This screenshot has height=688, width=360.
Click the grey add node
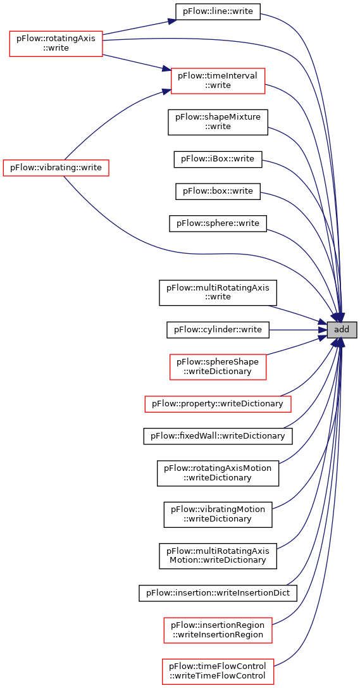[342, 330]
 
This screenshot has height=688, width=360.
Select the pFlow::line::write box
[218, 11]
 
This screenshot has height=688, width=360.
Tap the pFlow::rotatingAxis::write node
[56, 44]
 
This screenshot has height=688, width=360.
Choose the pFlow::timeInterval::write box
[218, 81]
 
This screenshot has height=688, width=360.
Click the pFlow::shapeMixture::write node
[218, 122]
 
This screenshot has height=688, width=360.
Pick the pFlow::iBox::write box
[218, 158]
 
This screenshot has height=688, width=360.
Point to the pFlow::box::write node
[218, 191]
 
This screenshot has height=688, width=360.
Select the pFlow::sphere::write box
[218, 224]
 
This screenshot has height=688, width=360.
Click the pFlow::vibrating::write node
[56, 168]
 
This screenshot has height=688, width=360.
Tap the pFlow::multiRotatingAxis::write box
[218, 292]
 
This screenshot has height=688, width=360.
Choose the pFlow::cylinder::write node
[218, 330]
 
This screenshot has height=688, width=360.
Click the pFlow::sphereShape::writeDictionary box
[218, 367]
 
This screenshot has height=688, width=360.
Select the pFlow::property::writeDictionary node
[218, 403]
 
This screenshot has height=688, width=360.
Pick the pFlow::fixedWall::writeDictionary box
[218, 436]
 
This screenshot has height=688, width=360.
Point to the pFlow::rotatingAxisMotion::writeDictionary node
[218, 473]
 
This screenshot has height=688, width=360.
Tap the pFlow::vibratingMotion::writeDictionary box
[218, 515]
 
